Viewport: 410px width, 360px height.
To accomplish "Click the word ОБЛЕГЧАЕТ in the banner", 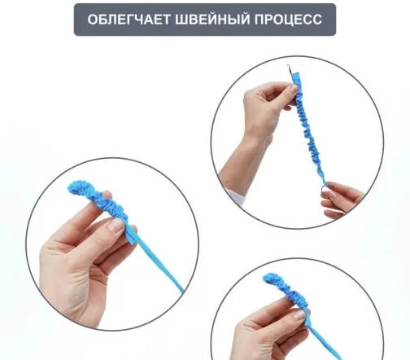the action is pyautogui.click(x=129, y=20).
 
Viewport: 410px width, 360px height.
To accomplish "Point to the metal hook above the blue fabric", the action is pyautogui.click(x=290, y=70).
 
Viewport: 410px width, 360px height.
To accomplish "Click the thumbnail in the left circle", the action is pyautogui.click(x=116, y=225).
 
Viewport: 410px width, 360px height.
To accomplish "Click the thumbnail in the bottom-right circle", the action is pyautogui.click(x=300, y=314).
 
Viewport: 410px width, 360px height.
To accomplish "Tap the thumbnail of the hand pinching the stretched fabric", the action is pyautogui.click(x=294, y=88).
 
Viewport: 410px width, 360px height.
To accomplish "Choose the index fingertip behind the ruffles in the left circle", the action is pyautogui.click(x=107, y=195).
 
